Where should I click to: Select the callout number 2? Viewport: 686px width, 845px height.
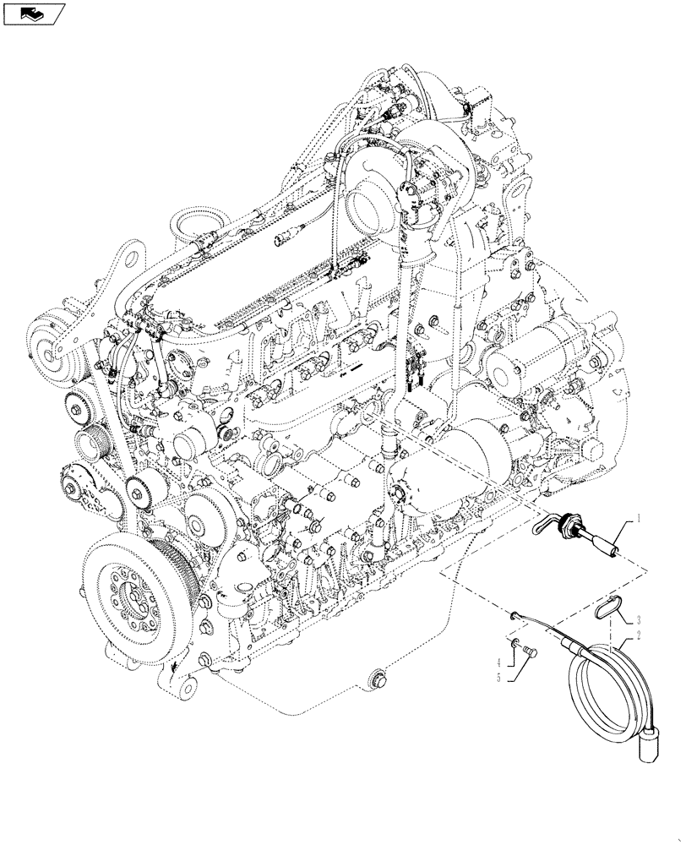pyautogui.click(x=640, y=635)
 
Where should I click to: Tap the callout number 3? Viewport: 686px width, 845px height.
pyautogui.click(x=640, y=619)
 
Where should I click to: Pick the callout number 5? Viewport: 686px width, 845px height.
pyautogui.click(x=498, y=676)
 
